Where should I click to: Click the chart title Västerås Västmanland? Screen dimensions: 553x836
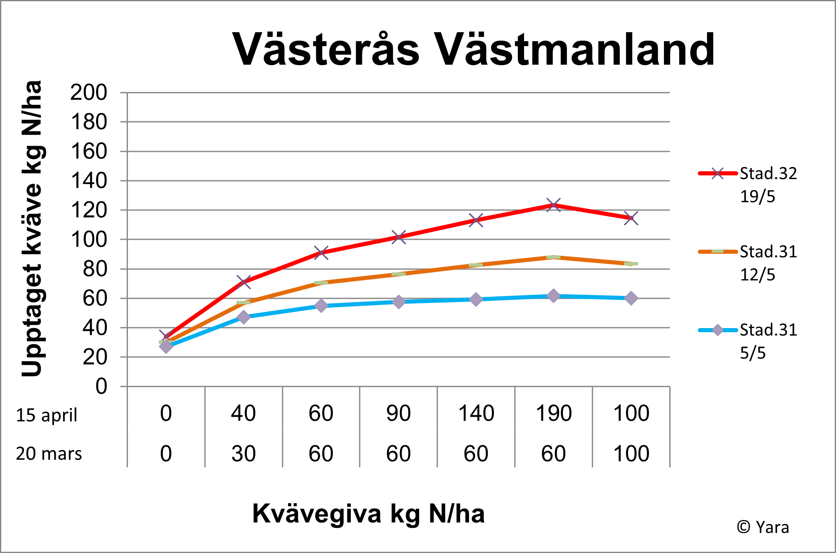pyautogui.click(x=473, y=50)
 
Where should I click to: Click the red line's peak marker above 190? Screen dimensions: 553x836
pyautogui.click(x=553, y=205)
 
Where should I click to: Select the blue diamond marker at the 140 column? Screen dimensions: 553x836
pyautogui.click(x=476, y=299)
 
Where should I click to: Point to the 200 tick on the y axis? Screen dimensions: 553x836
pyautogui.click(x=89, y=92)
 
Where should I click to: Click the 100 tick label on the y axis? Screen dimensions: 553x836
pyautogui.click(x=89, y=240)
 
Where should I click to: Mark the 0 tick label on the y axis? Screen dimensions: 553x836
pyautogui.click(x=101, y=387)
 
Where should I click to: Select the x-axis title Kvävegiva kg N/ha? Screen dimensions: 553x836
pyautogui.click(x=368, y=514)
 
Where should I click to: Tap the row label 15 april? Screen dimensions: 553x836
pyautogui.click(x=47, y=415)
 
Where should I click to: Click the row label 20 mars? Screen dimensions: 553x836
pyautogui.click(x=49, y=454)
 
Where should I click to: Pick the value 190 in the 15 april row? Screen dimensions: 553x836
pyautogui.click(x=553, y=413)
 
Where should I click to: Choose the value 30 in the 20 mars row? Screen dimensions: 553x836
pyautogui.click(x=243, y=454)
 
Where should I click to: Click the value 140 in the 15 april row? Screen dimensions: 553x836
pyautogui.click(x=476, y=413)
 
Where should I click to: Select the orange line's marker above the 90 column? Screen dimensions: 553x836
pyautogui.click(x=399, y=274)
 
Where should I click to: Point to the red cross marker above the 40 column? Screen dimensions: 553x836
pyautogui.click(x=243, y=282)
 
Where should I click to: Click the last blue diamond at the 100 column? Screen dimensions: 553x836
pyautogui.click(x=631, y=298)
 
